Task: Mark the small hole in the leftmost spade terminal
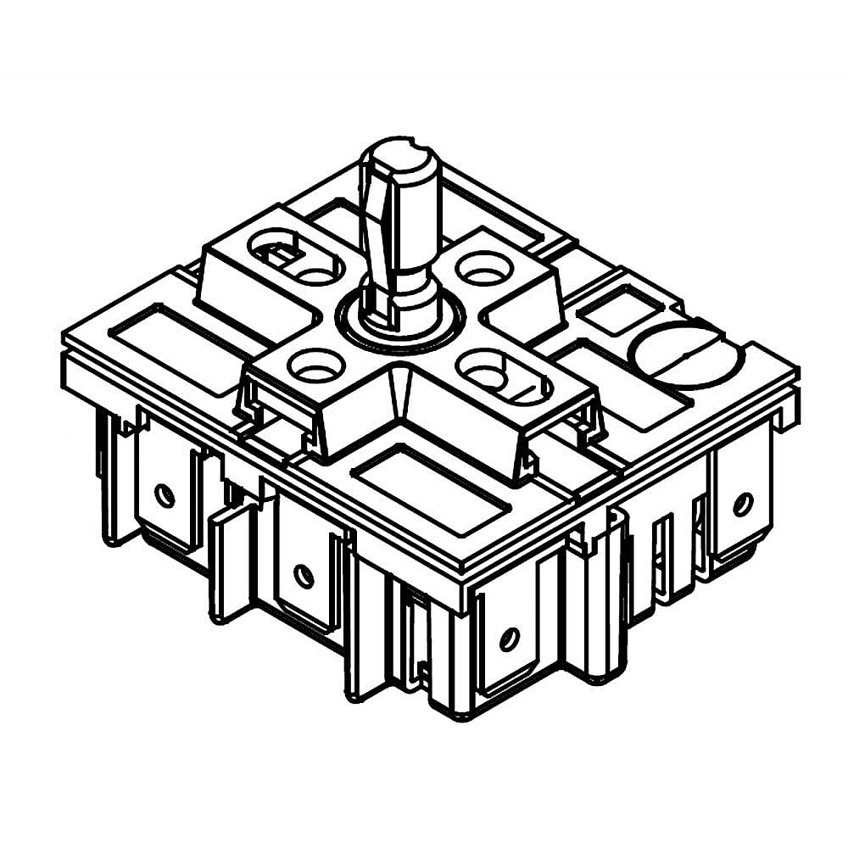click(x=165, y=494)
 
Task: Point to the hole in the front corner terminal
click(x=508, y=639)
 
